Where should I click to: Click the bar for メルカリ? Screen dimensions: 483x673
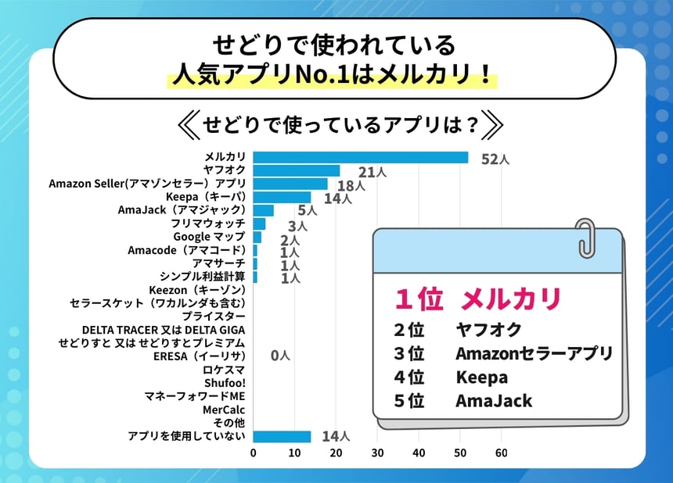(x=360, y=157)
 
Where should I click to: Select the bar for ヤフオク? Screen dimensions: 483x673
(x=296, y=170)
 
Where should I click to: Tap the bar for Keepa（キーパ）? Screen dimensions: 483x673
(x=282, y=197)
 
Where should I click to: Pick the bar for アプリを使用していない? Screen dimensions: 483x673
(x=282, y=436)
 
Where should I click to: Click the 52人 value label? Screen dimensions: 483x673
(x=495, y=159)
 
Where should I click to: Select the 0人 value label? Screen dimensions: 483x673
(x=280, y=356)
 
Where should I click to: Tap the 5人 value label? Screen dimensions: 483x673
(x=307, y=211)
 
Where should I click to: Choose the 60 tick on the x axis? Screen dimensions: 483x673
(x=502, y=453)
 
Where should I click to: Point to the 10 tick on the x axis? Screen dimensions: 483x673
(x=294, y=453)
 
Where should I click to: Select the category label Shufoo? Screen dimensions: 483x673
(x=225, y=383)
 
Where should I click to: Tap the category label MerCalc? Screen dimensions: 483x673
(x=224, y=410)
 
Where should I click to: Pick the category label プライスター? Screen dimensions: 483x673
(x=214, y=317)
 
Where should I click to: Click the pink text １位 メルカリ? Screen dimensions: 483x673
(x=477, y=299)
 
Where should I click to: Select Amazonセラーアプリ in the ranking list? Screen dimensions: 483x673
(x=534, y=353)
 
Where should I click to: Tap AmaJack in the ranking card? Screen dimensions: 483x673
(x=494, y=401)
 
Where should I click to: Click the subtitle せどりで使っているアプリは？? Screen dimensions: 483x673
(x=340, y=125)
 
